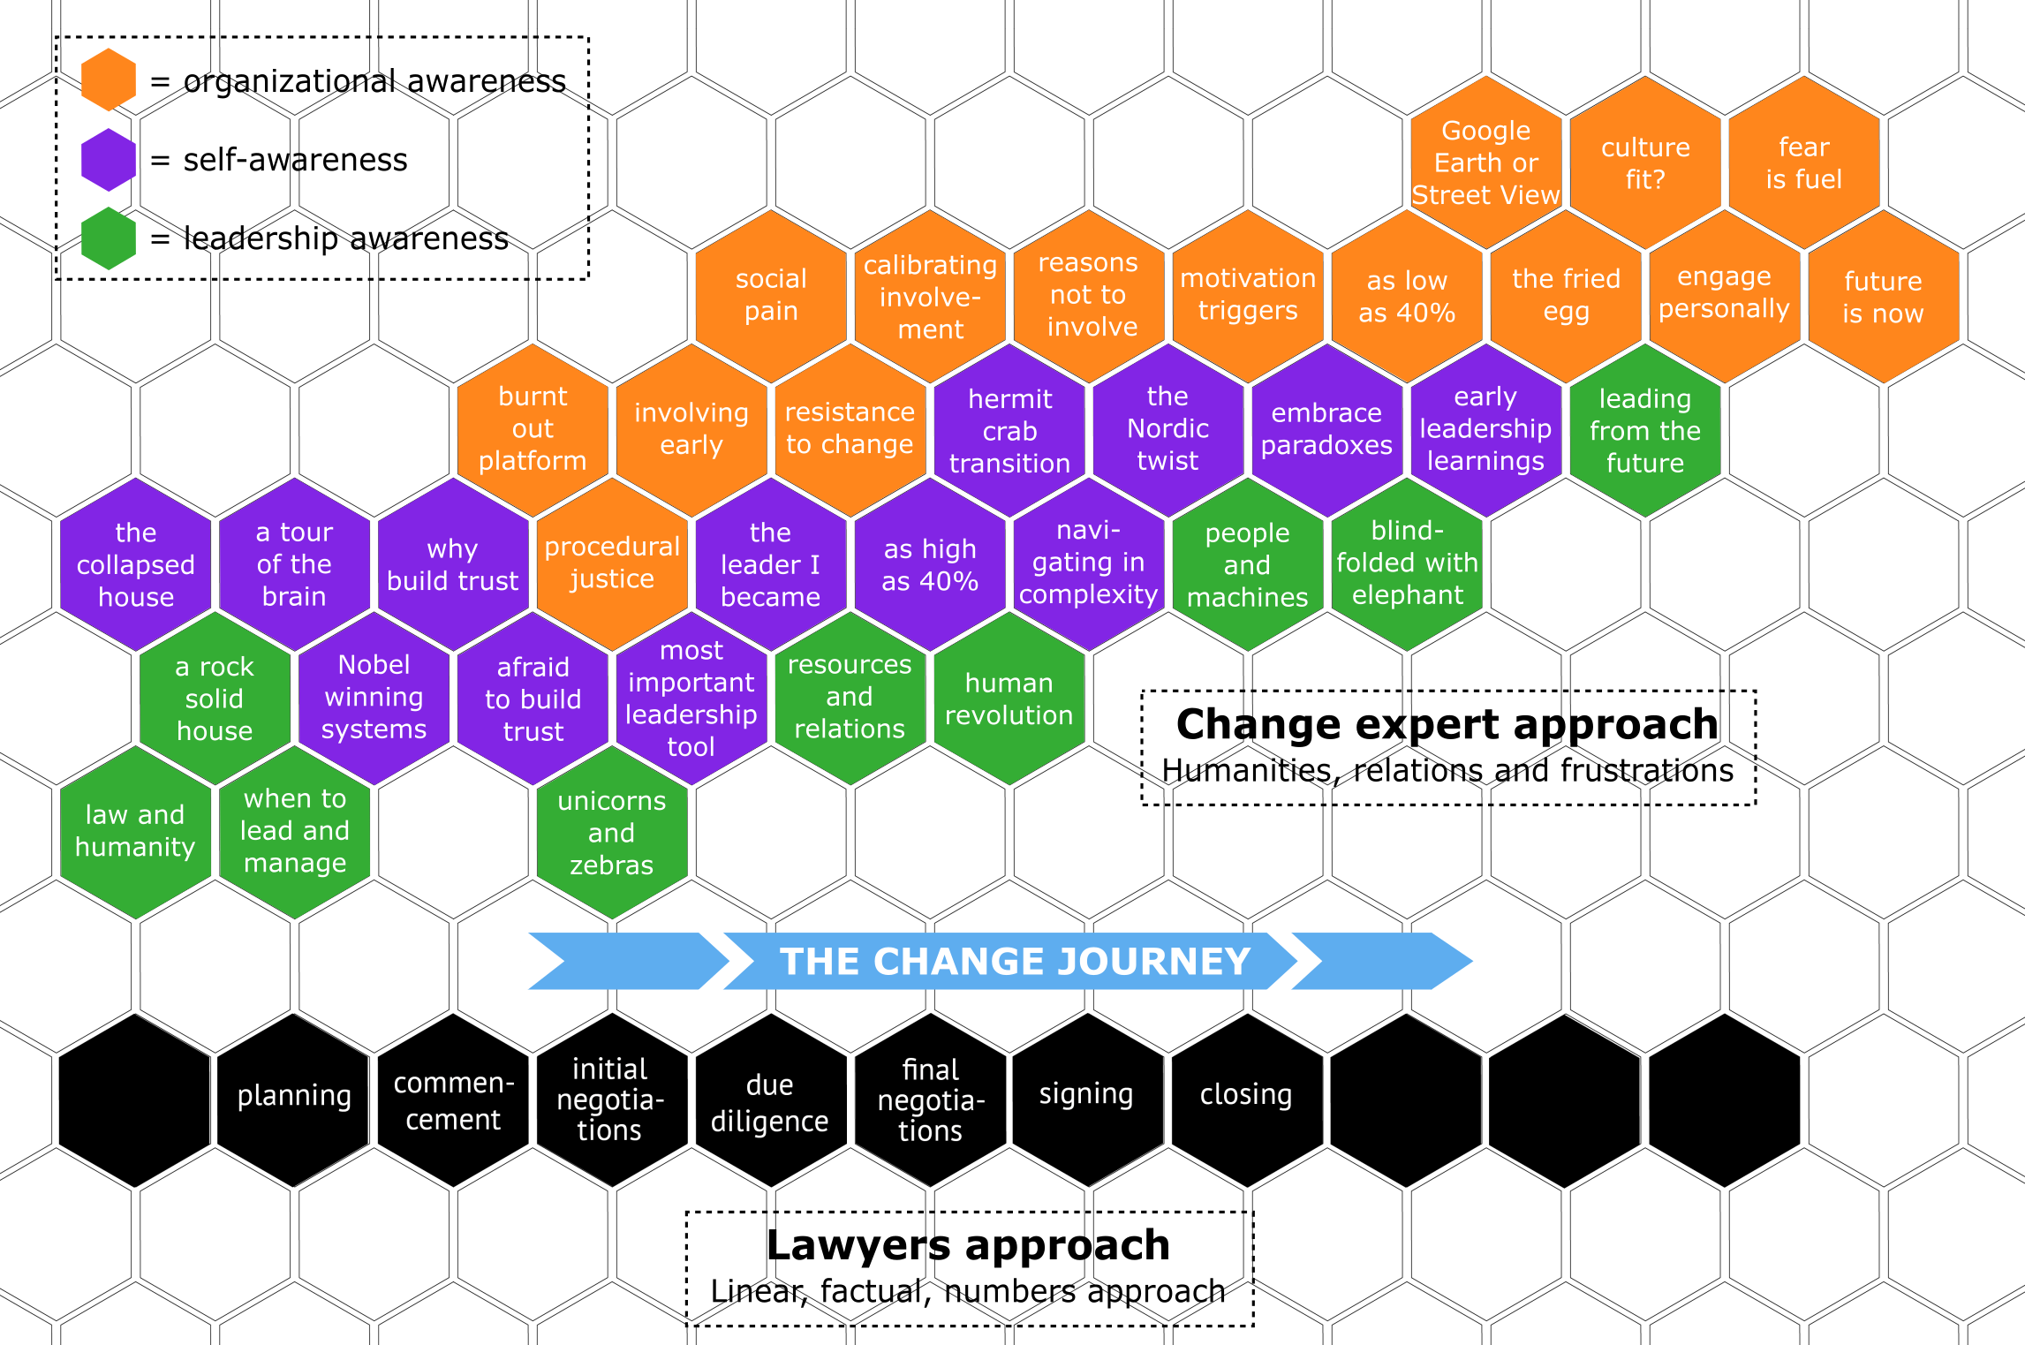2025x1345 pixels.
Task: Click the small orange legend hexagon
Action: tap(109, 79)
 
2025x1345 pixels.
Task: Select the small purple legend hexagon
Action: tap(109, 160)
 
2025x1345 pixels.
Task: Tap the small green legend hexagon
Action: tap(109, 238)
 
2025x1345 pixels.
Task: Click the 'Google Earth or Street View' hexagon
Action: tap(1485, 162)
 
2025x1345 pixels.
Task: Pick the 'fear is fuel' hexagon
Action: tap(1803, 162)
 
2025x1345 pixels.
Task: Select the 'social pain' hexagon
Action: tap(771, 295)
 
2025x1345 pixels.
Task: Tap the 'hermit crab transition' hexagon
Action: tap(1009, 431)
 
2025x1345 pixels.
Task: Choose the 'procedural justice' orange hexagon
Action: tap(612, 563)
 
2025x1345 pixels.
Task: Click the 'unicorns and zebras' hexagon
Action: tap(612, 833)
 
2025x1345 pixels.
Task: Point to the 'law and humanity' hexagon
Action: tap(135, 831)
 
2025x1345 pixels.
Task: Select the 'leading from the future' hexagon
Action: tap(1644, 430)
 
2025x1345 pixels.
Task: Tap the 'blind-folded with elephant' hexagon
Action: tap(1407, 563)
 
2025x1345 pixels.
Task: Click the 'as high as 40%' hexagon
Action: tap(930, 565)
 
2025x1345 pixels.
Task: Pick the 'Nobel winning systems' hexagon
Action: tap(374, 697)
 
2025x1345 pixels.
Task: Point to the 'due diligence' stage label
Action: tap(769, 1102)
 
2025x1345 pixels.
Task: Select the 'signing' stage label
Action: tap(1085, 1093)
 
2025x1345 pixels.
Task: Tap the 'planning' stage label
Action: tap(294, 1095)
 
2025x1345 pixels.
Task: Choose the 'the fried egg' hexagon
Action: tap(1566, 295)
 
